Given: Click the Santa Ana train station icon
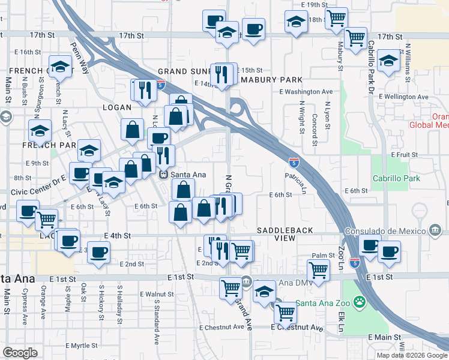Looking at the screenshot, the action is tap(163, 175).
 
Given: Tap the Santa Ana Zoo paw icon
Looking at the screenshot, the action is tap(360, 301).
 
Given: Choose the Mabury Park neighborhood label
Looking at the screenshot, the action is tap(271, 80).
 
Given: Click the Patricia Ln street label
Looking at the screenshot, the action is tap(295, 182).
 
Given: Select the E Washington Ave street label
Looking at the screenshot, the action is tap(306, 92).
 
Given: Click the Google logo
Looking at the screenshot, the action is tap(20, 353).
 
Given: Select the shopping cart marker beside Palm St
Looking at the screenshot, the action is tap(318, 269).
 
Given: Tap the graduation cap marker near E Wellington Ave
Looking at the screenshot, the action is tap(389, 61).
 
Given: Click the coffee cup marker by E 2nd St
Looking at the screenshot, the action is tap(98, 252).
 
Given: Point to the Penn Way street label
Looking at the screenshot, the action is tap(79, 58).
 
